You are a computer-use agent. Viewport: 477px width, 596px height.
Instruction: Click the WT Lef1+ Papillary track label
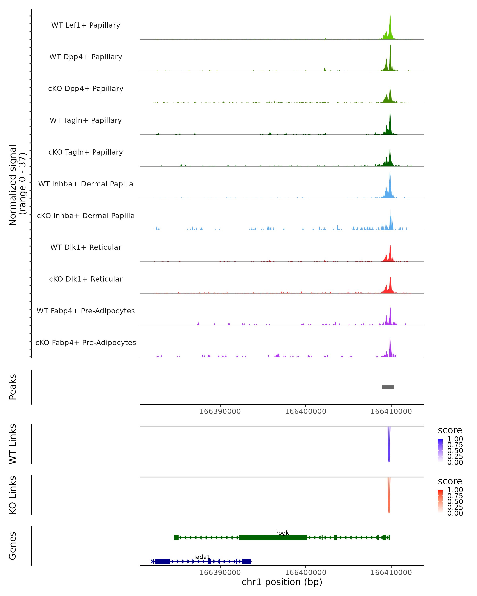click(x=86, y=25)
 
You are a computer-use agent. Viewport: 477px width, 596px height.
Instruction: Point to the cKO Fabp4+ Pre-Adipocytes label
click(x=86, y=343)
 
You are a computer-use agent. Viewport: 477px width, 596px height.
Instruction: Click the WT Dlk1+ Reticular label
click(x=86, y=247)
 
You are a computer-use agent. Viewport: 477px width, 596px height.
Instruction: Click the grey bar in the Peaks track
click(x=388, y=387)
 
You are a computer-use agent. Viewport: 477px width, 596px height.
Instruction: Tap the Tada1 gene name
click(x=202, y=557)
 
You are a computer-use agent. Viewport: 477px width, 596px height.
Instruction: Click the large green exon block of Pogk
click(x=273, y=537)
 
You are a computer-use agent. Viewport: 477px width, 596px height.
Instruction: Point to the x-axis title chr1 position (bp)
click(x=282, y=582)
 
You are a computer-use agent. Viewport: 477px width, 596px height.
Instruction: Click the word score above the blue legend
click(x=450, y=430)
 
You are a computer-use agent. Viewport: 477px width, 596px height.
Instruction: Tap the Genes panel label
click(x=13, y=546)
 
